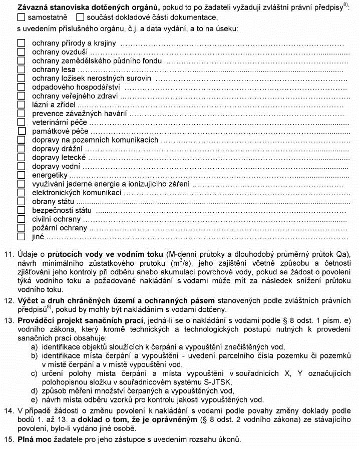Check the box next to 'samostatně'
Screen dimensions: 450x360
[21, 18]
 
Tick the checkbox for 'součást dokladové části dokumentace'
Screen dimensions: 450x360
[80, 18]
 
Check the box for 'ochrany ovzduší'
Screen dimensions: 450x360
[21, 52]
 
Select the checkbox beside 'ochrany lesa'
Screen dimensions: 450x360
[21, 70]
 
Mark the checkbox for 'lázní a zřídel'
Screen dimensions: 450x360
[21, 105]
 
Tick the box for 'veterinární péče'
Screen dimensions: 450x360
[21, 122]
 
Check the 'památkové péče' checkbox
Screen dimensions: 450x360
[22, 131]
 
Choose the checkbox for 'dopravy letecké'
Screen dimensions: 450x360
[21, 157]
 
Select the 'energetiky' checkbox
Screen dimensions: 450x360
[21, 175]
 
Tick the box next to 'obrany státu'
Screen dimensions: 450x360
[21, 201]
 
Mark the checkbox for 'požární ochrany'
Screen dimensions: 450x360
[21, 227]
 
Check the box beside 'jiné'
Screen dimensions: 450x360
[21, 236]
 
